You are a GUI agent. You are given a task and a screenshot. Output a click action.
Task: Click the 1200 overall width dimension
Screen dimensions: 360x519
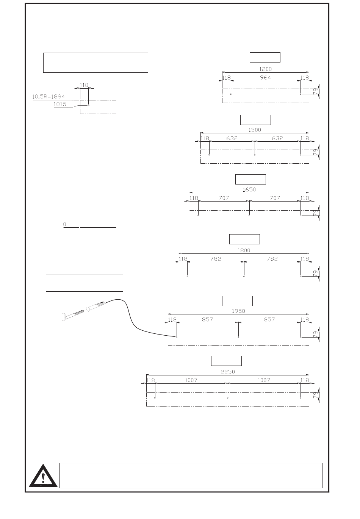(x=265, y=69)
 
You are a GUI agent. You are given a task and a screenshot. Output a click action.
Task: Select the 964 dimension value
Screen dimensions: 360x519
(x=266, y=77)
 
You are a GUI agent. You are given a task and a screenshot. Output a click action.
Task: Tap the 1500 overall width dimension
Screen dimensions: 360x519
(x=254, y=130)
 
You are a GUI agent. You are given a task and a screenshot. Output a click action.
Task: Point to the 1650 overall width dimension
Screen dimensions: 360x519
(x=249, y=189)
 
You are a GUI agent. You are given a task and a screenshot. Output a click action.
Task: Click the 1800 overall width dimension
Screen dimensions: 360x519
(x=244, y=250)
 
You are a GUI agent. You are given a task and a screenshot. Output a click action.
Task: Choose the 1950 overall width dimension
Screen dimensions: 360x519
(x=238, y=311)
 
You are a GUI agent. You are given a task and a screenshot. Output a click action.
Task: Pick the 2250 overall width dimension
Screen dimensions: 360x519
(x=228, y=372)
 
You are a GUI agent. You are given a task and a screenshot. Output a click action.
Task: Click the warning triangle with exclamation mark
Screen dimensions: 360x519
(x=43, y=476)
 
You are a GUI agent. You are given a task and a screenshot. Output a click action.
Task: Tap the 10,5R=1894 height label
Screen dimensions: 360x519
(x=48, y=97)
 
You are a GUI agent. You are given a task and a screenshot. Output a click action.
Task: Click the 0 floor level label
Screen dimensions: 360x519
(x=65, y=225)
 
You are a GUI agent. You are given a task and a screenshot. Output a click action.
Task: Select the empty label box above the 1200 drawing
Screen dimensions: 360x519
(x=265, y=57)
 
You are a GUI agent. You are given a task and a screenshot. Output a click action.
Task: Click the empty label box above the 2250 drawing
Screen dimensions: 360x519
(x=226, y=361)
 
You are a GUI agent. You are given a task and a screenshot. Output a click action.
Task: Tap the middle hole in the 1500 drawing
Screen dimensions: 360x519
(x=255, y=155)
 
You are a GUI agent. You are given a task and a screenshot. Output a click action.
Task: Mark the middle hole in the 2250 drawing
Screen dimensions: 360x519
(x=227, y=398)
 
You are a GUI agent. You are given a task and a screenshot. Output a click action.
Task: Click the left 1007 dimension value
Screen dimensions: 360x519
(x=191, y=380)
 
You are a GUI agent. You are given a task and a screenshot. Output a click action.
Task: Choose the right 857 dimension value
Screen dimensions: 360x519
(x=269, y=319)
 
